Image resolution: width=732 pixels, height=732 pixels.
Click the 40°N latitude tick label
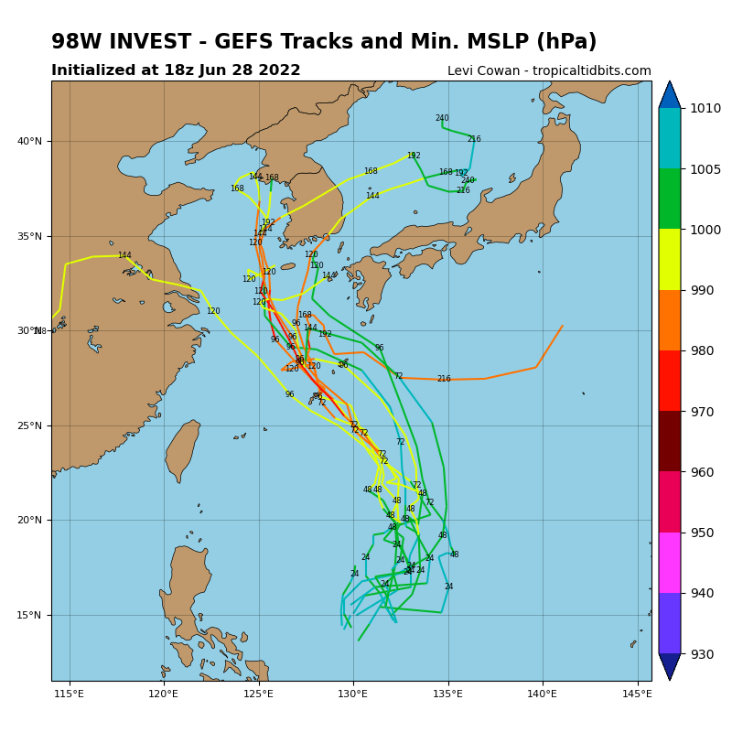tap(30, 141)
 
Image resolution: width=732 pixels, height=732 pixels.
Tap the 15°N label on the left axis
tap(30, 615)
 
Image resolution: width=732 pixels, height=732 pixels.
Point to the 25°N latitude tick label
tap(30, 425)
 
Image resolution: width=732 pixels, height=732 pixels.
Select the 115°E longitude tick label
tap(70, 694)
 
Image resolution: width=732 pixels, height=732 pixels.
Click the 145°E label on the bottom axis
tap(637, 694)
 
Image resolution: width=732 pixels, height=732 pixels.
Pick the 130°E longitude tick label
tap(353, 694)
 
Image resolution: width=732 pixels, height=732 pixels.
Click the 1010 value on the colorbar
tap(705, 108)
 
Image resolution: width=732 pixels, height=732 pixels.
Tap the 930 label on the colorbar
tap(703, 654)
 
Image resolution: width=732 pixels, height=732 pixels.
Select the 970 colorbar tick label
tap(703, 412)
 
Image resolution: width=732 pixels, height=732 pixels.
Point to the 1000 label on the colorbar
tap(705, 230)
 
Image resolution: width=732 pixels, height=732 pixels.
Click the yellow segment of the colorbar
tap(670, 259)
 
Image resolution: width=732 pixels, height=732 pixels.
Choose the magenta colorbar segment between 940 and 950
tap(670, 563)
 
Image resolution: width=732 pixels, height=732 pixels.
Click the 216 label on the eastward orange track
tap(444, 379)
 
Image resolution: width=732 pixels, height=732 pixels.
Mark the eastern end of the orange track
tap(563, 326)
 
